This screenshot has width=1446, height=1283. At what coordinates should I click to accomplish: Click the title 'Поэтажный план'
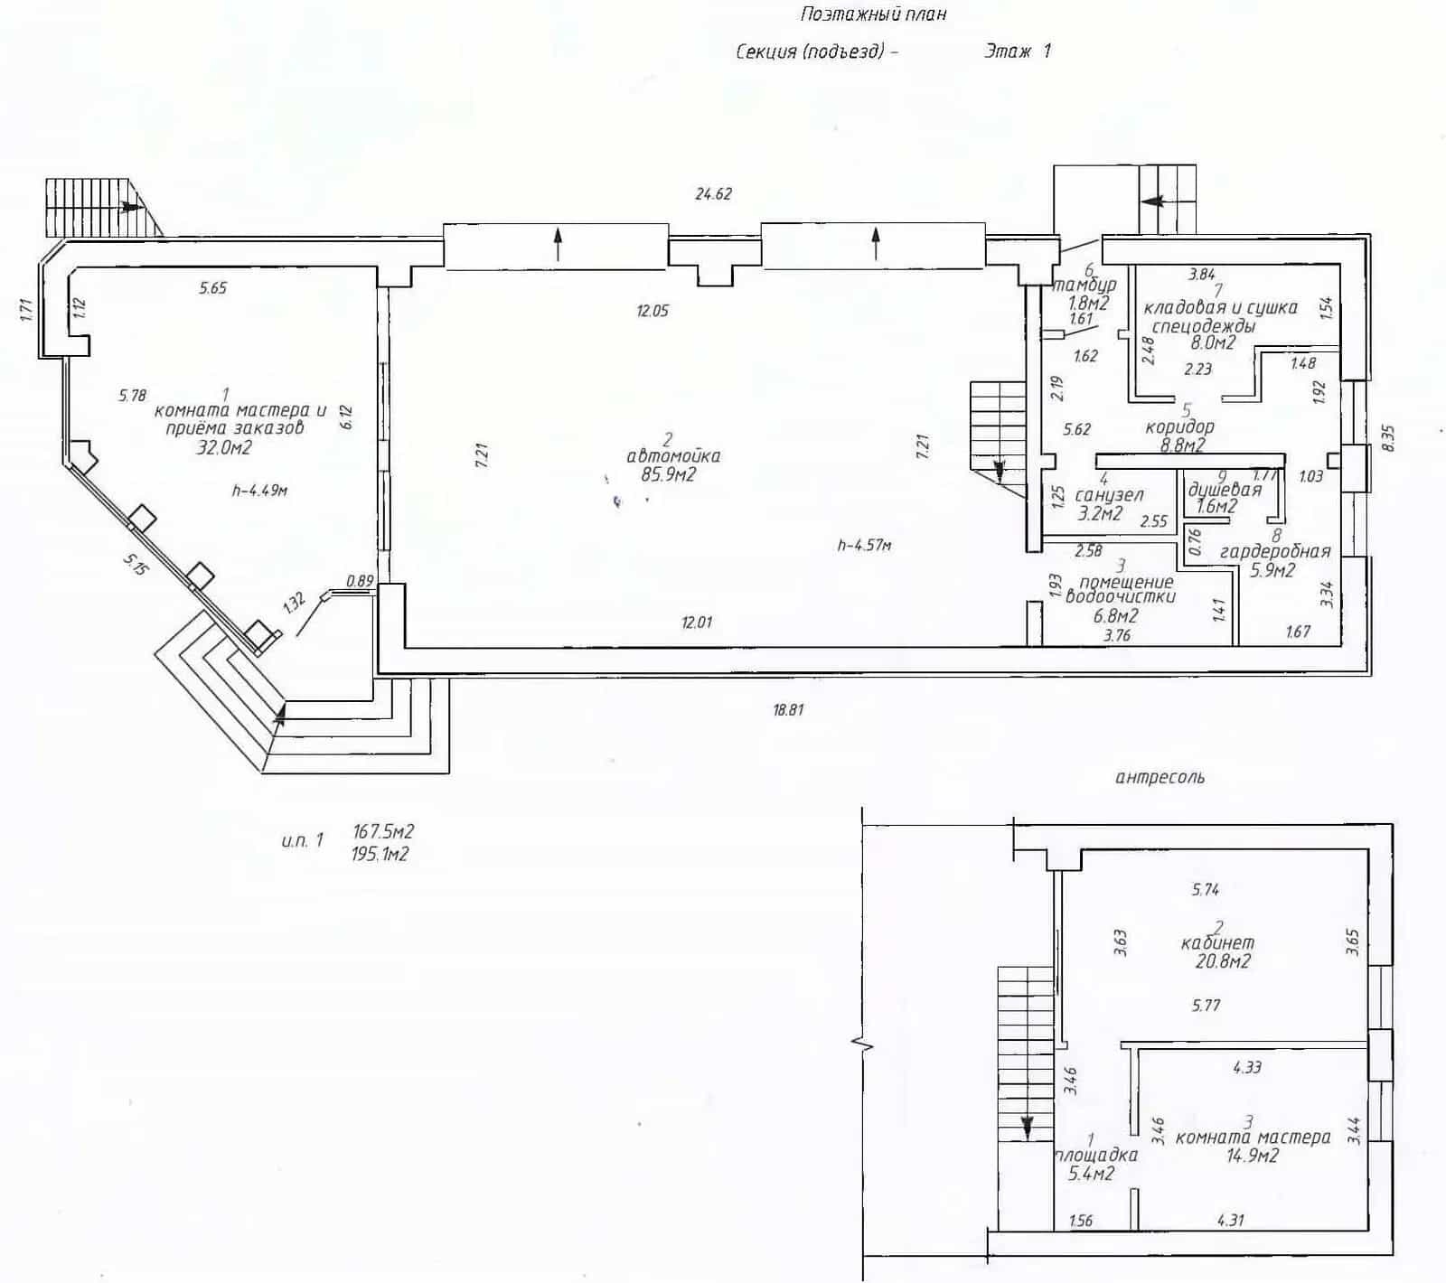(873, 14)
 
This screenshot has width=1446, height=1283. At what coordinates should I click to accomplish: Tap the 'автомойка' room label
(673, 456)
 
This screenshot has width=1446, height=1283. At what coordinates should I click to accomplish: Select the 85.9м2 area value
(668, 474)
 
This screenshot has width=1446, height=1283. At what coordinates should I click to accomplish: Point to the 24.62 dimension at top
(713, 193)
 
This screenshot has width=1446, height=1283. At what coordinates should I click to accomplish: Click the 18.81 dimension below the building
(788, 710)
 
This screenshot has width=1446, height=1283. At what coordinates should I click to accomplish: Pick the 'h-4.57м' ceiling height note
(865, 545)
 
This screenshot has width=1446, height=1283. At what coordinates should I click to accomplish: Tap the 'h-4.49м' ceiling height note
(259, 491)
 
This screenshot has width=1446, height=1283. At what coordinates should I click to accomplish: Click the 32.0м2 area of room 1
(224, 447)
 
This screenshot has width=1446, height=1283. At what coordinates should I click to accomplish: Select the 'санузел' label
(1110, 495)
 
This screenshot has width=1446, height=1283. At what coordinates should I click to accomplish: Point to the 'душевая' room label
(1224, 490)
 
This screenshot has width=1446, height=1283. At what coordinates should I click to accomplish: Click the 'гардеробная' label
(1275, 551)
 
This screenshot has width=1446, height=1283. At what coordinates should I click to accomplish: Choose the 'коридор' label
(1179, 426)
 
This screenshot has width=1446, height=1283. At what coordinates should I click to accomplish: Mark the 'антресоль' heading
(1160, 777)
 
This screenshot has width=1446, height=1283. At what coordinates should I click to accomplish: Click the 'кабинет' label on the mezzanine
(1217, 942)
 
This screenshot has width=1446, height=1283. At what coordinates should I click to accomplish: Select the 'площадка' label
(1096, 1155)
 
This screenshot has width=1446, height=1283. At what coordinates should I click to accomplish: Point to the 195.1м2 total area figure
(380, 855)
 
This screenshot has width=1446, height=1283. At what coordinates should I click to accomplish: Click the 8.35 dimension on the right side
(1389, 439)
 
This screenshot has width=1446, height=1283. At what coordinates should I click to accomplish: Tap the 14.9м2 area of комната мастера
(1252, 1156)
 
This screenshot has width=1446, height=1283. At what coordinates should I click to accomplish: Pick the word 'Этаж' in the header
(1008, 51)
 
